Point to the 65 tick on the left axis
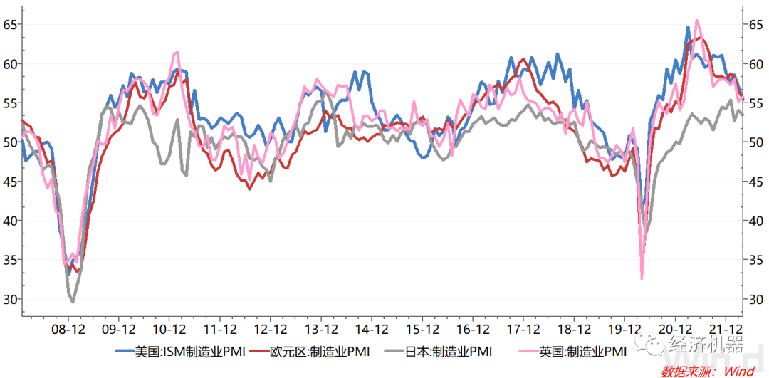(9, 25)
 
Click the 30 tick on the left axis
(9, 299)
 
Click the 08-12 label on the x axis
(68, 330)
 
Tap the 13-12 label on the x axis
(322, 330)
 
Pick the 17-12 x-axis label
(524, 330)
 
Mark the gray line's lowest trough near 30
(72, 302)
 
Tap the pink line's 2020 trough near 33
(642, 278)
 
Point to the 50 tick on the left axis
(9, 142)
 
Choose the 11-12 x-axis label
(220, 330)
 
